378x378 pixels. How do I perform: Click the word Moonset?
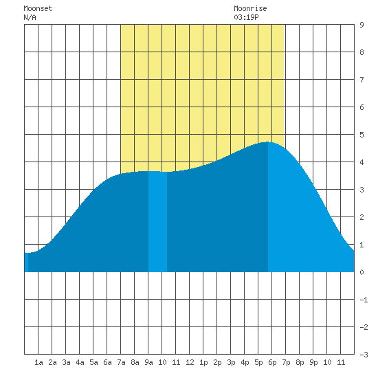[38, 8]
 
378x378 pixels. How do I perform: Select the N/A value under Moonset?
[30, 17]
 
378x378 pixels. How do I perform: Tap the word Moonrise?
[250, 8]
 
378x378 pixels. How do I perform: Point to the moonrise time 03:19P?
[246, 17]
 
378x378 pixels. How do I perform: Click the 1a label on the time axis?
[38, 362]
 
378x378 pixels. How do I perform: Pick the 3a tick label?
[66, 362]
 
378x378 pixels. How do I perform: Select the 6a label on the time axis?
[107, 362]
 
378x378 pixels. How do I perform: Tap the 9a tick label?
[148, 362]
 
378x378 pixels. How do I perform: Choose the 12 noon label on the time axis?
[190, 362]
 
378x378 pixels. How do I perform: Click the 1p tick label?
[203, 362]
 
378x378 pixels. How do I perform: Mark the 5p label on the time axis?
[258, 362]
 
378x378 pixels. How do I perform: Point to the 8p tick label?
[300, 362]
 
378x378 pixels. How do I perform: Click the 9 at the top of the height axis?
[362, 25]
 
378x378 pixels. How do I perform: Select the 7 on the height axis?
[362, 80]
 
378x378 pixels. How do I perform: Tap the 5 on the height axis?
[362, 135]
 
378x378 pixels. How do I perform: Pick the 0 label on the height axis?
[362, 272]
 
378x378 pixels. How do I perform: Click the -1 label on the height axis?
[364, 300]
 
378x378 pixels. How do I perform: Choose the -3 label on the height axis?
[364, 355]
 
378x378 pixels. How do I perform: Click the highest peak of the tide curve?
[267, 142]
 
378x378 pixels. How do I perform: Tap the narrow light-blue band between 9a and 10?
[157, 221]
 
